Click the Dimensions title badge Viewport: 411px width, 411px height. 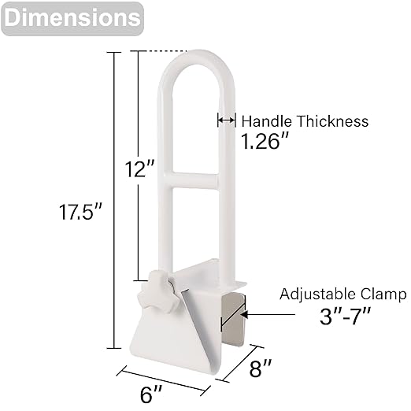coord(72,18)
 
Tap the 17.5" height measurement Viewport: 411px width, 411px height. coord(80,212)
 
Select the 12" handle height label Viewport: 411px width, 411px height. coord(139,169)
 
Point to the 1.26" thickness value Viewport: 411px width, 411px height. coord(265,141)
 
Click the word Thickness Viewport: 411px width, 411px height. coord(333,121)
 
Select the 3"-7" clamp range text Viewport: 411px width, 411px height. coord(345,316)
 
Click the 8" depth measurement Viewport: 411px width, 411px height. coord(260,368)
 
